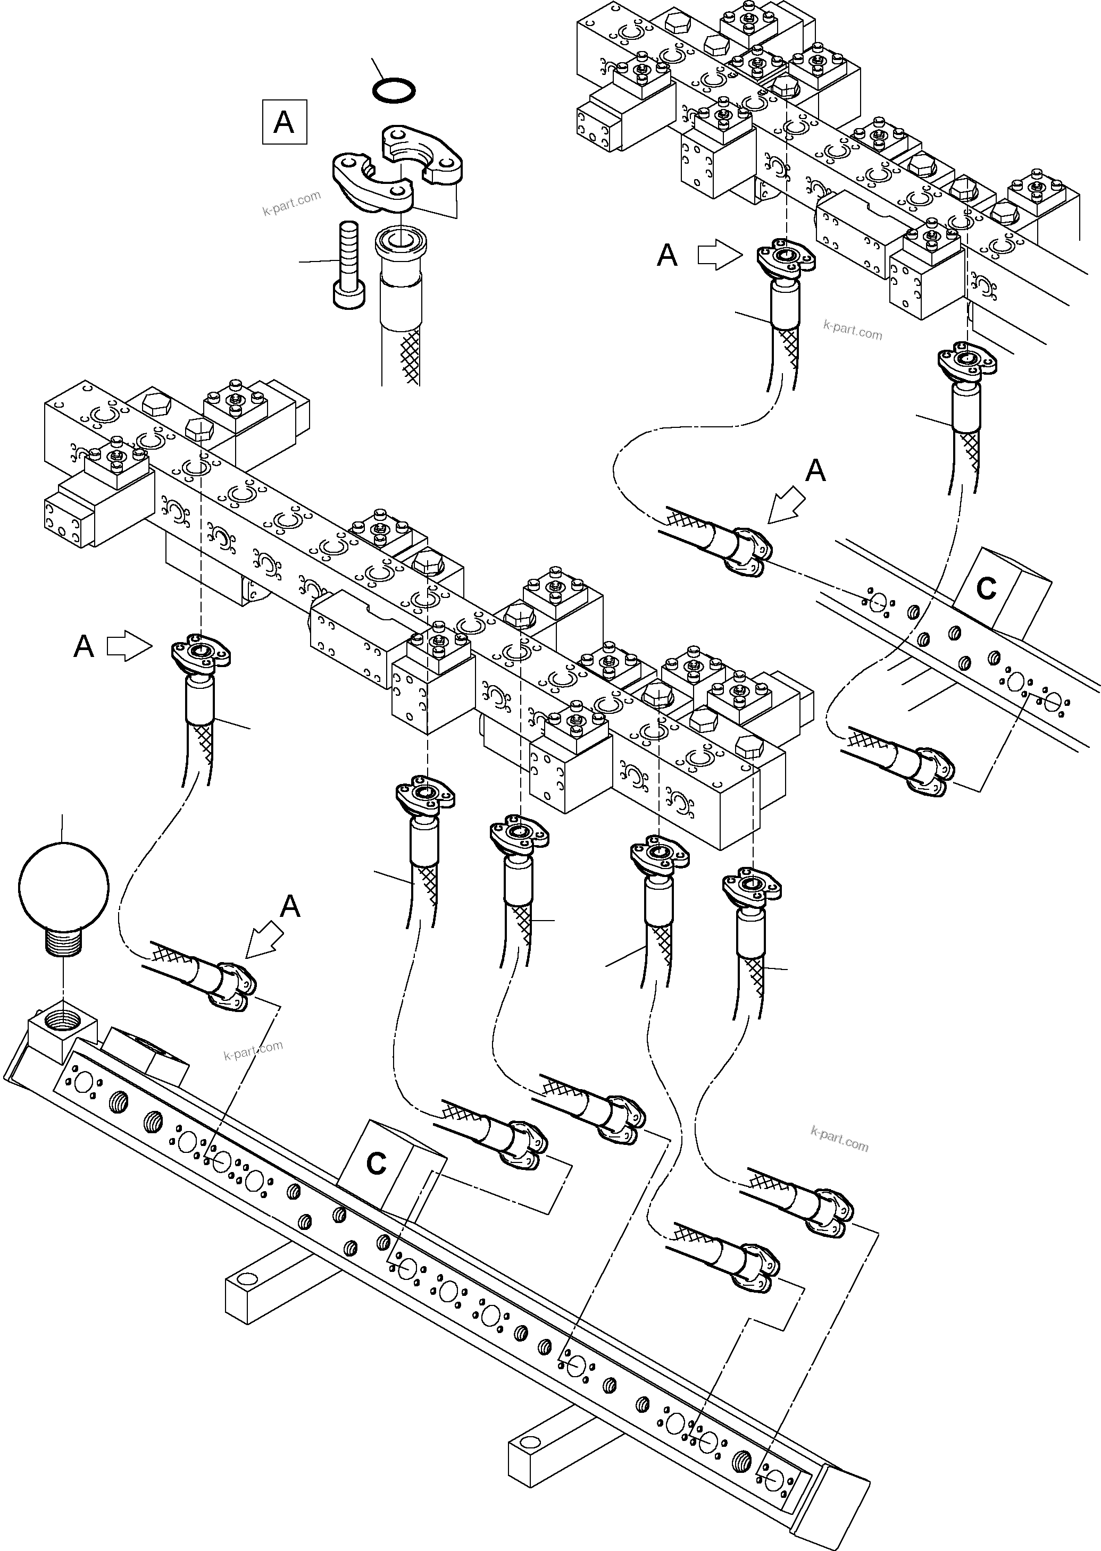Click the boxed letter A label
(x=284, y=122)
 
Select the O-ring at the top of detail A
(x=395, y=90)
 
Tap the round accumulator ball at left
(x=63, y=886)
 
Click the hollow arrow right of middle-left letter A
(x=129, y=646)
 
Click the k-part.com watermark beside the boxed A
(x=291, y=203)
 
